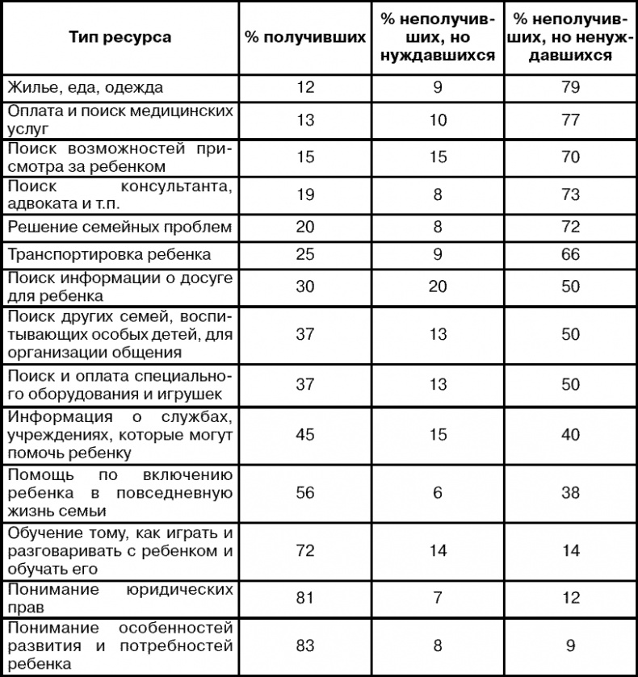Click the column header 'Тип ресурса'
coord(120,38)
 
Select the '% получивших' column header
coord(305,38)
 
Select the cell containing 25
coord(305,254)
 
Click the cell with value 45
coord(305,435)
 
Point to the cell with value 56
coord(305,492)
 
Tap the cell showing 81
coord(305,596)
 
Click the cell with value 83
coord(305,646)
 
